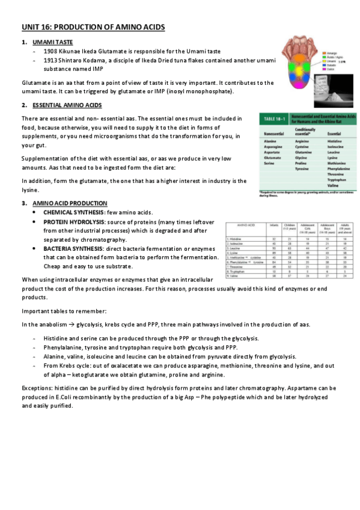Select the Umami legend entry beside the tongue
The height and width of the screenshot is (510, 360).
331,61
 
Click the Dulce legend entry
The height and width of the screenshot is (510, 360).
330,69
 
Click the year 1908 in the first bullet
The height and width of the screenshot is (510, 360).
50,52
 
